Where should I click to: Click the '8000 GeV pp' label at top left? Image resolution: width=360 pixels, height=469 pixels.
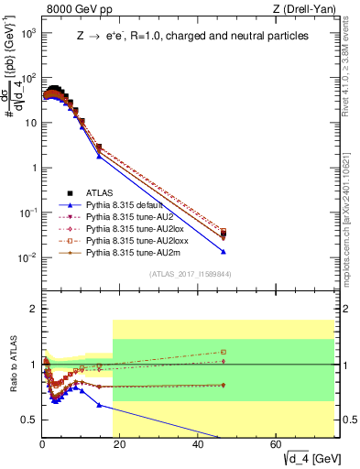[76, 9]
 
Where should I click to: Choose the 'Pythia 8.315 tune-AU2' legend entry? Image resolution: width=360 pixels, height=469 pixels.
[128, 216]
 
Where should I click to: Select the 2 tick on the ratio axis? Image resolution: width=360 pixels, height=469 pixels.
[33, 309]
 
